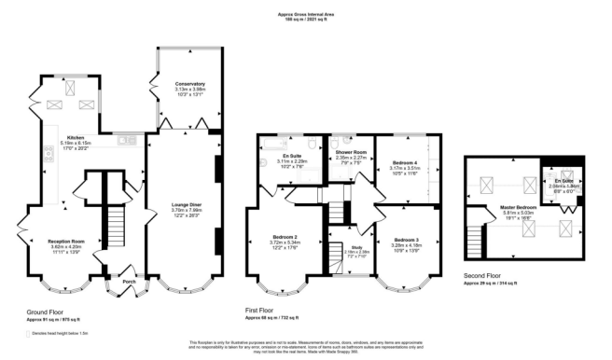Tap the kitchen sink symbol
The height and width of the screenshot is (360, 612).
pos(125,142)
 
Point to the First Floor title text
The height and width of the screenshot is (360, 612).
pos(277,312)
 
